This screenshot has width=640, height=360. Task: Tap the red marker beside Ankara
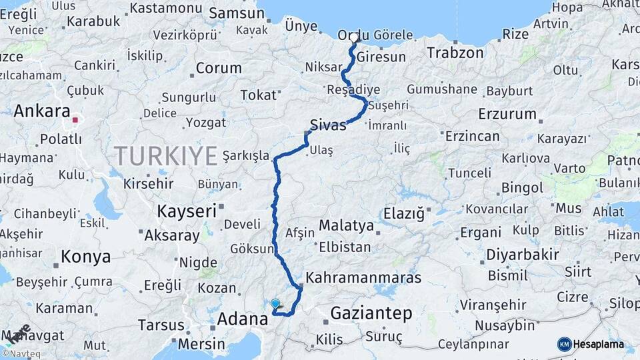(x=75, y=121)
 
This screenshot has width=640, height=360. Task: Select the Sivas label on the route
(x=328, y=124)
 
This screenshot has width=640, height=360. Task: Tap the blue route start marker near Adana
(x=275, y=303)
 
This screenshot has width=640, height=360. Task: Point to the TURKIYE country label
(x=166, y=156)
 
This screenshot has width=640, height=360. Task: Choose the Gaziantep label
(x=371, y=313)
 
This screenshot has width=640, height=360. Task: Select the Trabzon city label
(x=455, y=53)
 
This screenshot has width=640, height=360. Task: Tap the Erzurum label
(x=507, y=113)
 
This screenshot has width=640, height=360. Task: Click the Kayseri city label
(x=187, y=211)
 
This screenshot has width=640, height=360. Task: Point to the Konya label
(x=85, y=256)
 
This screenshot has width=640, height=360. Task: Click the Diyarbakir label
(x=522, y=254)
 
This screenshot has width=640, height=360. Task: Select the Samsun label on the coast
(x=237, y=13)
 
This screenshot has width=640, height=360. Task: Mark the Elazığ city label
(x=403, y=214)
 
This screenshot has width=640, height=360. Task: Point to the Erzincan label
(x=472, y=136)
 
